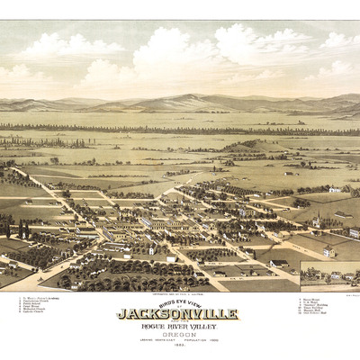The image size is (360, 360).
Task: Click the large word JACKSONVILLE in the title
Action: tap(177, 314)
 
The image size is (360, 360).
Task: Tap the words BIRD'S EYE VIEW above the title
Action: tap(177, 304)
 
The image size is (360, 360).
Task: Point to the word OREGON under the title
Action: tap(177, 333)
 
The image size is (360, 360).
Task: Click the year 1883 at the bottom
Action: tap(177, 347)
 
